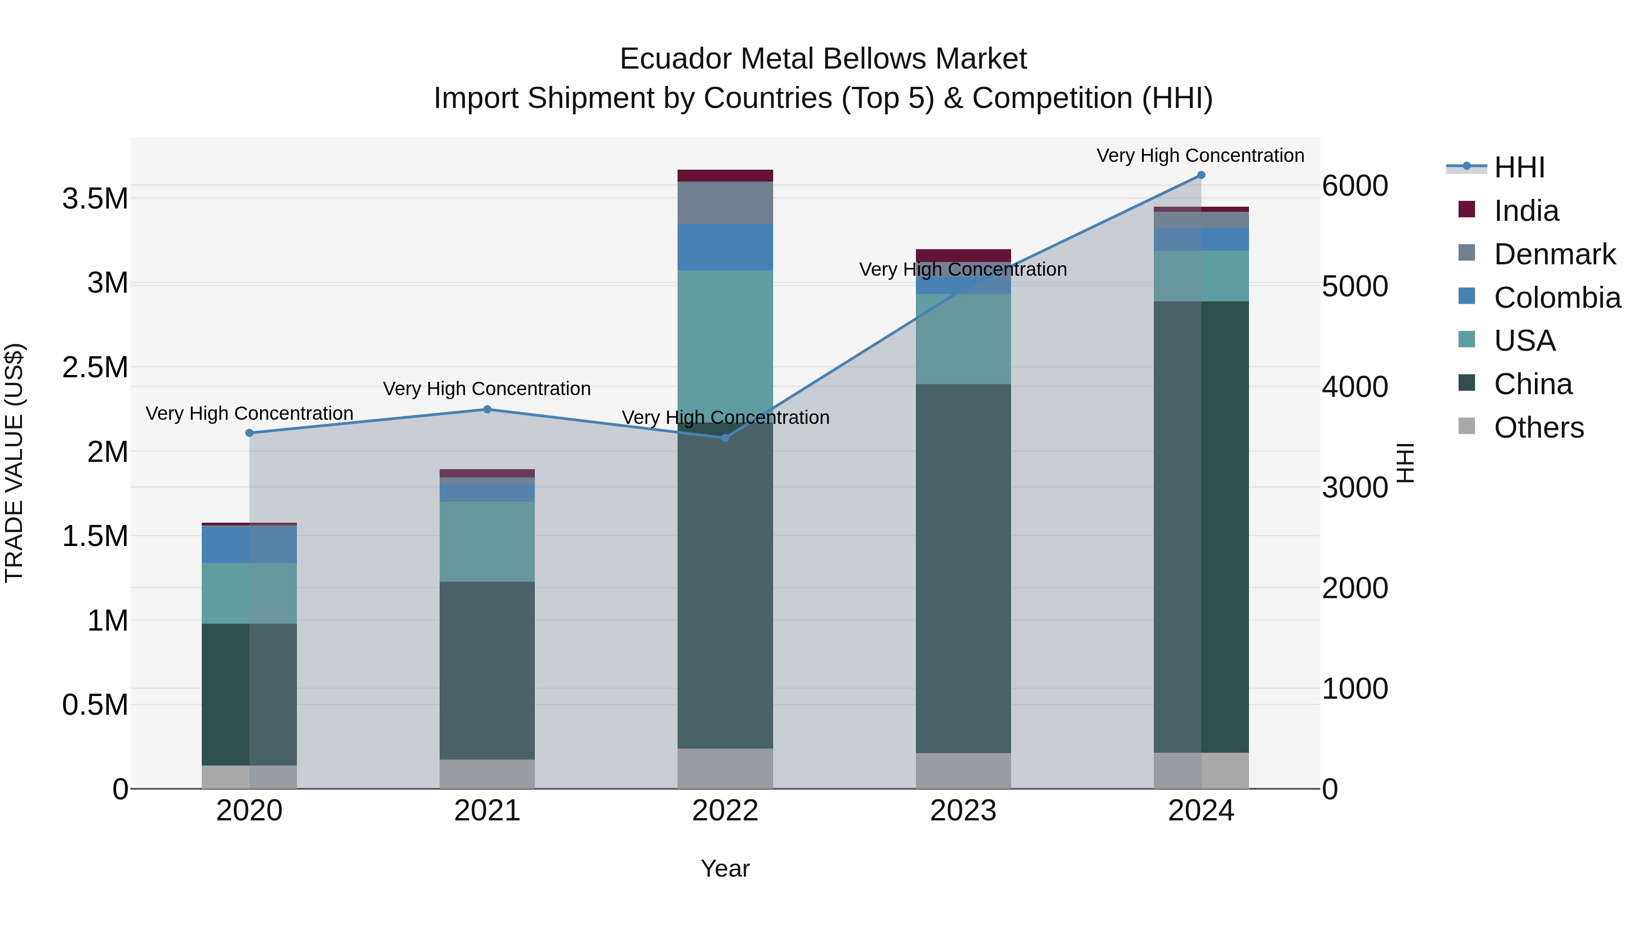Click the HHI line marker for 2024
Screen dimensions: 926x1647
coord(1201,175)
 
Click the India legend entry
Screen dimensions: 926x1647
coord(1526,211)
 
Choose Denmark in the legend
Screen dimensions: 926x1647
coord(1554,254)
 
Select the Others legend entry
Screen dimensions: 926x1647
coord(1538,428)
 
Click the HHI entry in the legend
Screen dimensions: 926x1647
coord(1519,167)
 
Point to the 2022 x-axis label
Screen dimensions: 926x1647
coord(725,811)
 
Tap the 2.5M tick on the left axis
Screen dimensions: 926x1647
coord(95,368)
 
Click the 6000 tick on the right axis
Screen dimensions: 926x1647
coord(1355,186)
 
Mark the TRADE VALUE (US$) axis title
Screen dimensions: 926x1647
coord(14,463)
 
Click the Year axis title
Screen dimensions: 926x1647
coord(725,868)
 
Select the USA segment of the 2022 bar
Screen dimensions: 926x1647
coord(725,345)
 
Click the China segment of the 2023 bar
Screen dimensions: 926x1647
coord(963,569)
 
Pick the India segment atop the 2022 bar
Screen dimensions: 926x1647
coord(725,176)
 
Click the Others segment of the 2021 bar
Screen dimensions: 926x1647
coord(487,774)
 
